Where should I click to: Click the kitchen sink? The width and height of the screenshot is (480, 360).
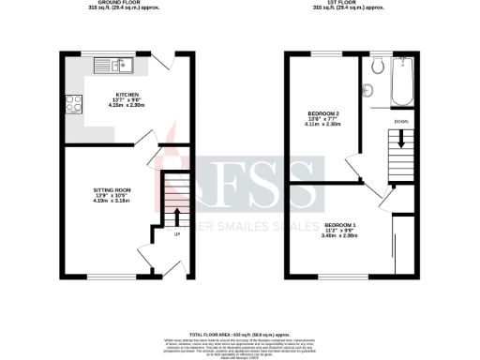(x=122, y=65)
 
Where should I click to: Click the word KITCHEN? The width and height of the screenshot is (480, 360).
(x=127, y=95)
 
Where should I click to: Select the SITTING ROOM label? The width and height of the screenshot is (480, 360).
(x=112, y=189)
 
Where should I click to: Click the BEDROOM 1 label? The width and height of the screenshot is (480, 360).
(x=342, y=226)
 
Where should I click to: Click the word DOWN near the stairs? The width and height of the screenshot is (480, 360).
(x=400, y=121)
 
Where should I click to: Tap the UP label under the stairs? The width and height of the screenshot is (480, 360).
(x=176, y=233)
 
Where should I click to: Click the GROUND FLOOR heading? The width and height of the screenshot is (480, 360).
(x=127, y=3)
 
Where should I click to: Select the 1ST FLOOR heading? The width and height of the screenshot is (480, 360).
(x=352, y=3)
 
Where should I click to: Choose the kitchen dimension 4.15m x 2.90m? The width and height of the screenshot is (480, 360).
(x=127, y=106)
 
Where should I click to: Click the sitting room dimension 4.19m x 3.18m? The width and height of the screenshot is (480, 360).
(x=112, y=201)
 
